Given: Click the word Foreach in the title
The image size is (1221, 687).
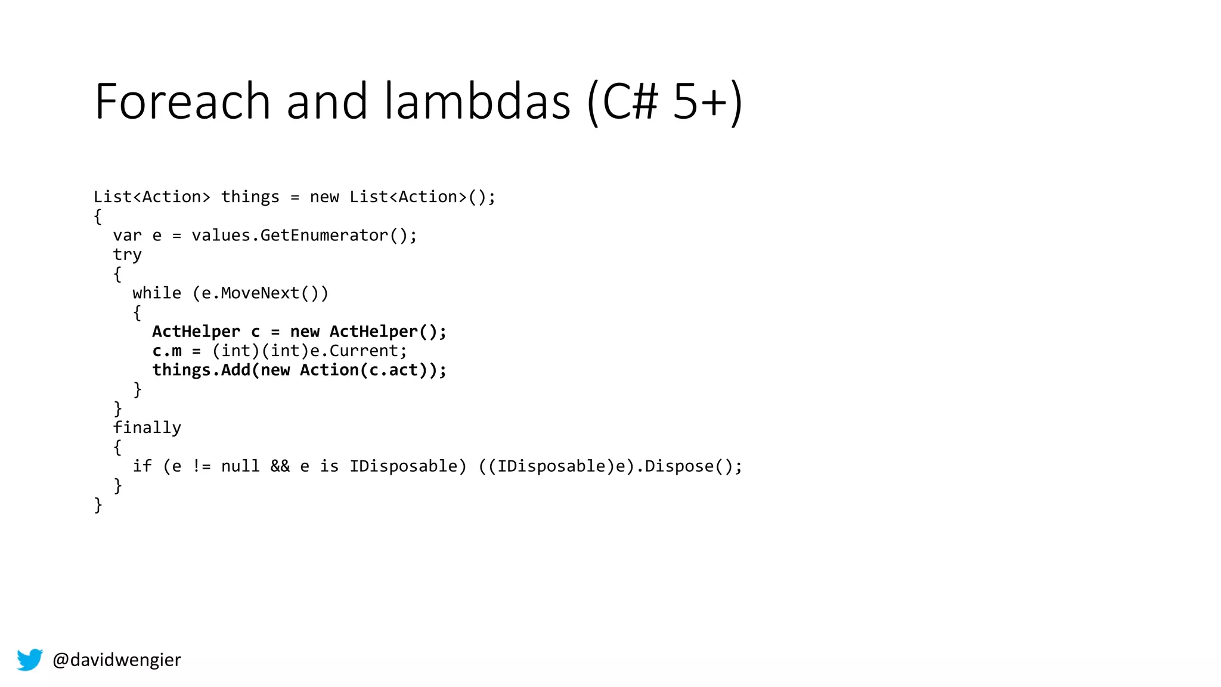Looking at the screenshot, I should click(x=182, y=101).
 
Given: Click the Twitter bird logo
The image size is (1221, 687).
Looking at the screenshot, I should click(x=30, y=660).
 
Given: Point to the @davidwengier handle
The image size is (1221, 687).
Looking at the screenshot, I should click(x=117, y=660).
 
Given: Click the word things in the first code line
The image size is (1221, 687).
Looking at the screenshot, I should click(x=250, y=197).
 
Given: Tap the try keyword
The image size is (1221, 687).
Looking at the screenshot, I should click(x=127, y=255).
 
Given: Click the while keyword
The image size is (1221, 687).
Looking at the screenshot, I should click(x=157, y=293).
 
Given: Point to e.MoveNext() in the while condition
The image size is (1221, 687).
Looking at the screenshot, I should click(x=260, y=293).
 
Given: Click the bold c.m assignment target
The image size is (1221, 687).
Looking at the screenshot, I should click(x=167, y=351).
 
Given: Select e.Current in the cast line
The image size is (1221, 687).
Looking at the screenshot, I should click(x=358, y=351).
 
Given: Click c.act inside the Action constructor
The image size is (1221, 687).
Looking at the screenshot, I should click(x=393, y=370).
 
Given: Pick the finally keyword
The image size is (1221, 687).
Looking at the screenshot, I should click(x=147, y=428).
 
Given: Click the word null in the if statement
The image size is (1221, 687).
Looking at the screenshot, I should click(x=240, y=466).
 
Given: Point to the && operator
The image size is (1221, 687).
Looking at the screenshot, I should click(x=280, y=466).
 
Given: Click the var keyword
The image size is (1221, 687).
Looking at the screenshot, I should click(x=127, y=236).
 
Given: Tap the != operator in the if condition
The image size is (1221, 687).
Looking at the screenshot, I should click(x=202, y=466).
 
